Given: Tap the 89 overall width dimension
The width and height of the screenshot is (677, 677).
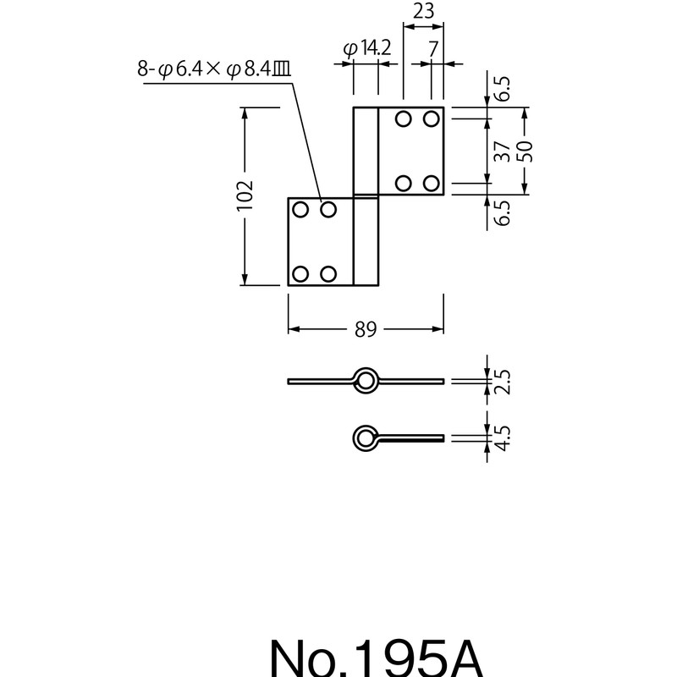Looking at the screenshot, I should point(366,328).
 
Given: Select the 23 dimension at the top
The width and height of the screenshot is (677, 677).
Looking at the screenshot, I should point(423,12).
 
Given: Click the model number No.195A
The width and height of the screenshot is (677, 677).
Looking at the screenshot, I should point(376,656).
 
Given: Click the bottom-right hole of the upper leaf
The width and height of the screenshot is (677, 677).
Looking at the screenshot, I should point(432,183).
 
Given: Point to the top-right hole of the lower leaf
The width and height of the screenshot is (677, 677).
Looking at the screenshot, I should point(328,208).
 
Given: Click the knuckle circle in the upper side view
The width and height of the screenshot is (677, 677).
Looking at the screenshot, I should point(366,381).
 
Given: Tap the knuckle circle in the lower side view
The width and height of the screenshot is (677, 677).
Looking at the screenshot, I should point(366,438).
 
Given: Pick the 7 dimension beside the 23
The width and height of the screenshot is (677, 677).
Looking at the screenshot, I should point(432,49).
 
